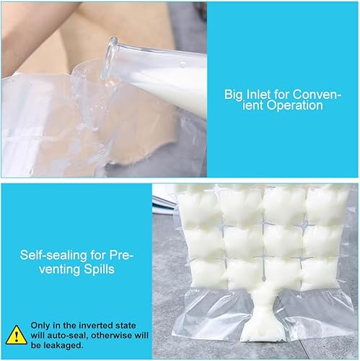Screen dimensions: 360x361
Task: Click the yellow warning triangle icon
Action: (16, 335)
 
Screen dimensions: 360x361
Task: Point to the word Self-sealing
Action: (53, 255)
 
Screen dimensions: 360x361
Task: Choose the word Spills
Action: (99, 269)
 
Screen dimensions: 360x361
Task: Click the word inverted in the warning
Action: (96, 326)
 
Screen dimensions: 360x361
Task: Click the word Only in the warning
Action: (40, 326)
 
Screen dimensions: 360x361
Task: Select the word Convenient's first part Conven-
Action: (317, 94)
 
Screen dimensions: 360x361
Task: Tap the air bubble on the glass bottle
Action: (183, 64)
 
